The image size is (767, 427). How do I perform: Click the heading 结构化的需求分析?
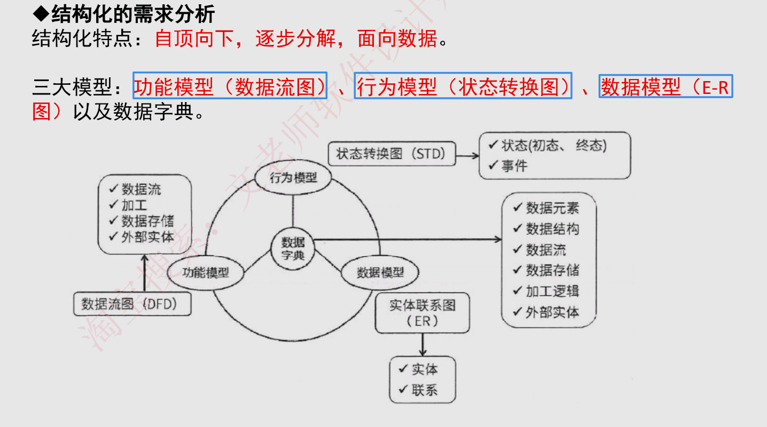click(x=133, y=14)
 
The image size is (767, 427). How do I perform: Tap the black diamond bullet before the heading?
click(x=41, y=14)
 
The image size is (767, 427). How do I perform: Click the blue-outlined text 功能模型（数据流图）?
click(x=230, y=86)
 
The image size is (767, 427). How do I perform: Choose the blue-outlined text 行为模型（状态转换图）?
click(x=463, y=86)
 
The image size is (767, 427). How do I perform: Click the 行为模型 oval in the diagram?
click(x=293, y=178)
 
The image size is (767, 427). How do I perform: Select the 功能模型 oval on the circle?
click(x=206, y=273)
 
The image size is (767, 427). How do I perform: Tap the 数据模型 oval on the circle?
click(x=380, y=273)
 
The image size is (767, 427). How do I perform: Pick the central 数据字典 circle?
click(x=293, y=248)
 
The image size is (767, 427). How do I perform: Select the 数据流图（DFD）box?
click(x=132, y=304)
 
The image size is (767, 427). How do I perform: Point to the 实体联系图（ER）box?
click(x=422, y=313)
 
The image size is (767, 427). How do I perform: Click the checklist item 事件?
click(x=514, y=167)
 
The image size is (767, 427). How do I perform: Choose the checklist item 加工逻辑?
click(x=552, y=291)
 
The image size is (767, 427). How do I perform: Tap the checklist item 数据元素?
click(x=552, y=208)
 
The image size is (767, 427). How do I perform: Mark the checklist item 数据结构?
click(x=552, y=229)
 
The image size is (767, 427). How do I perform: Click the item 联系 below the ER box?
click(x=425, y=390)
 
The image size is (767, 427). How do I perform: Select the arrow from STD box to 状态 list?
click(x=468, y=155)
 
